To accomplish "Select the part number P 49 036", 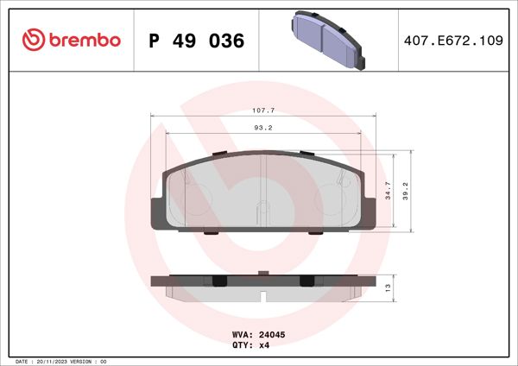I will point(197,41).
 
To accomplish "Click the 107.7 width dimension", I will point(263,110).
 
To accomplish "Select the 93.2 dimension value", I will point(263,128).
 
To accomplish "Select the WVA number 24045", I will point(272,334).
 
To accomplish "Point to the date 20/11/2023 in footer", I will point(55,360).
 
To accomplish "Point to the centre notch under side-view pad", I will point(263,296).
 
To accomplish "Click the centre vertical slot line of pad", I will point(263,194).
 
